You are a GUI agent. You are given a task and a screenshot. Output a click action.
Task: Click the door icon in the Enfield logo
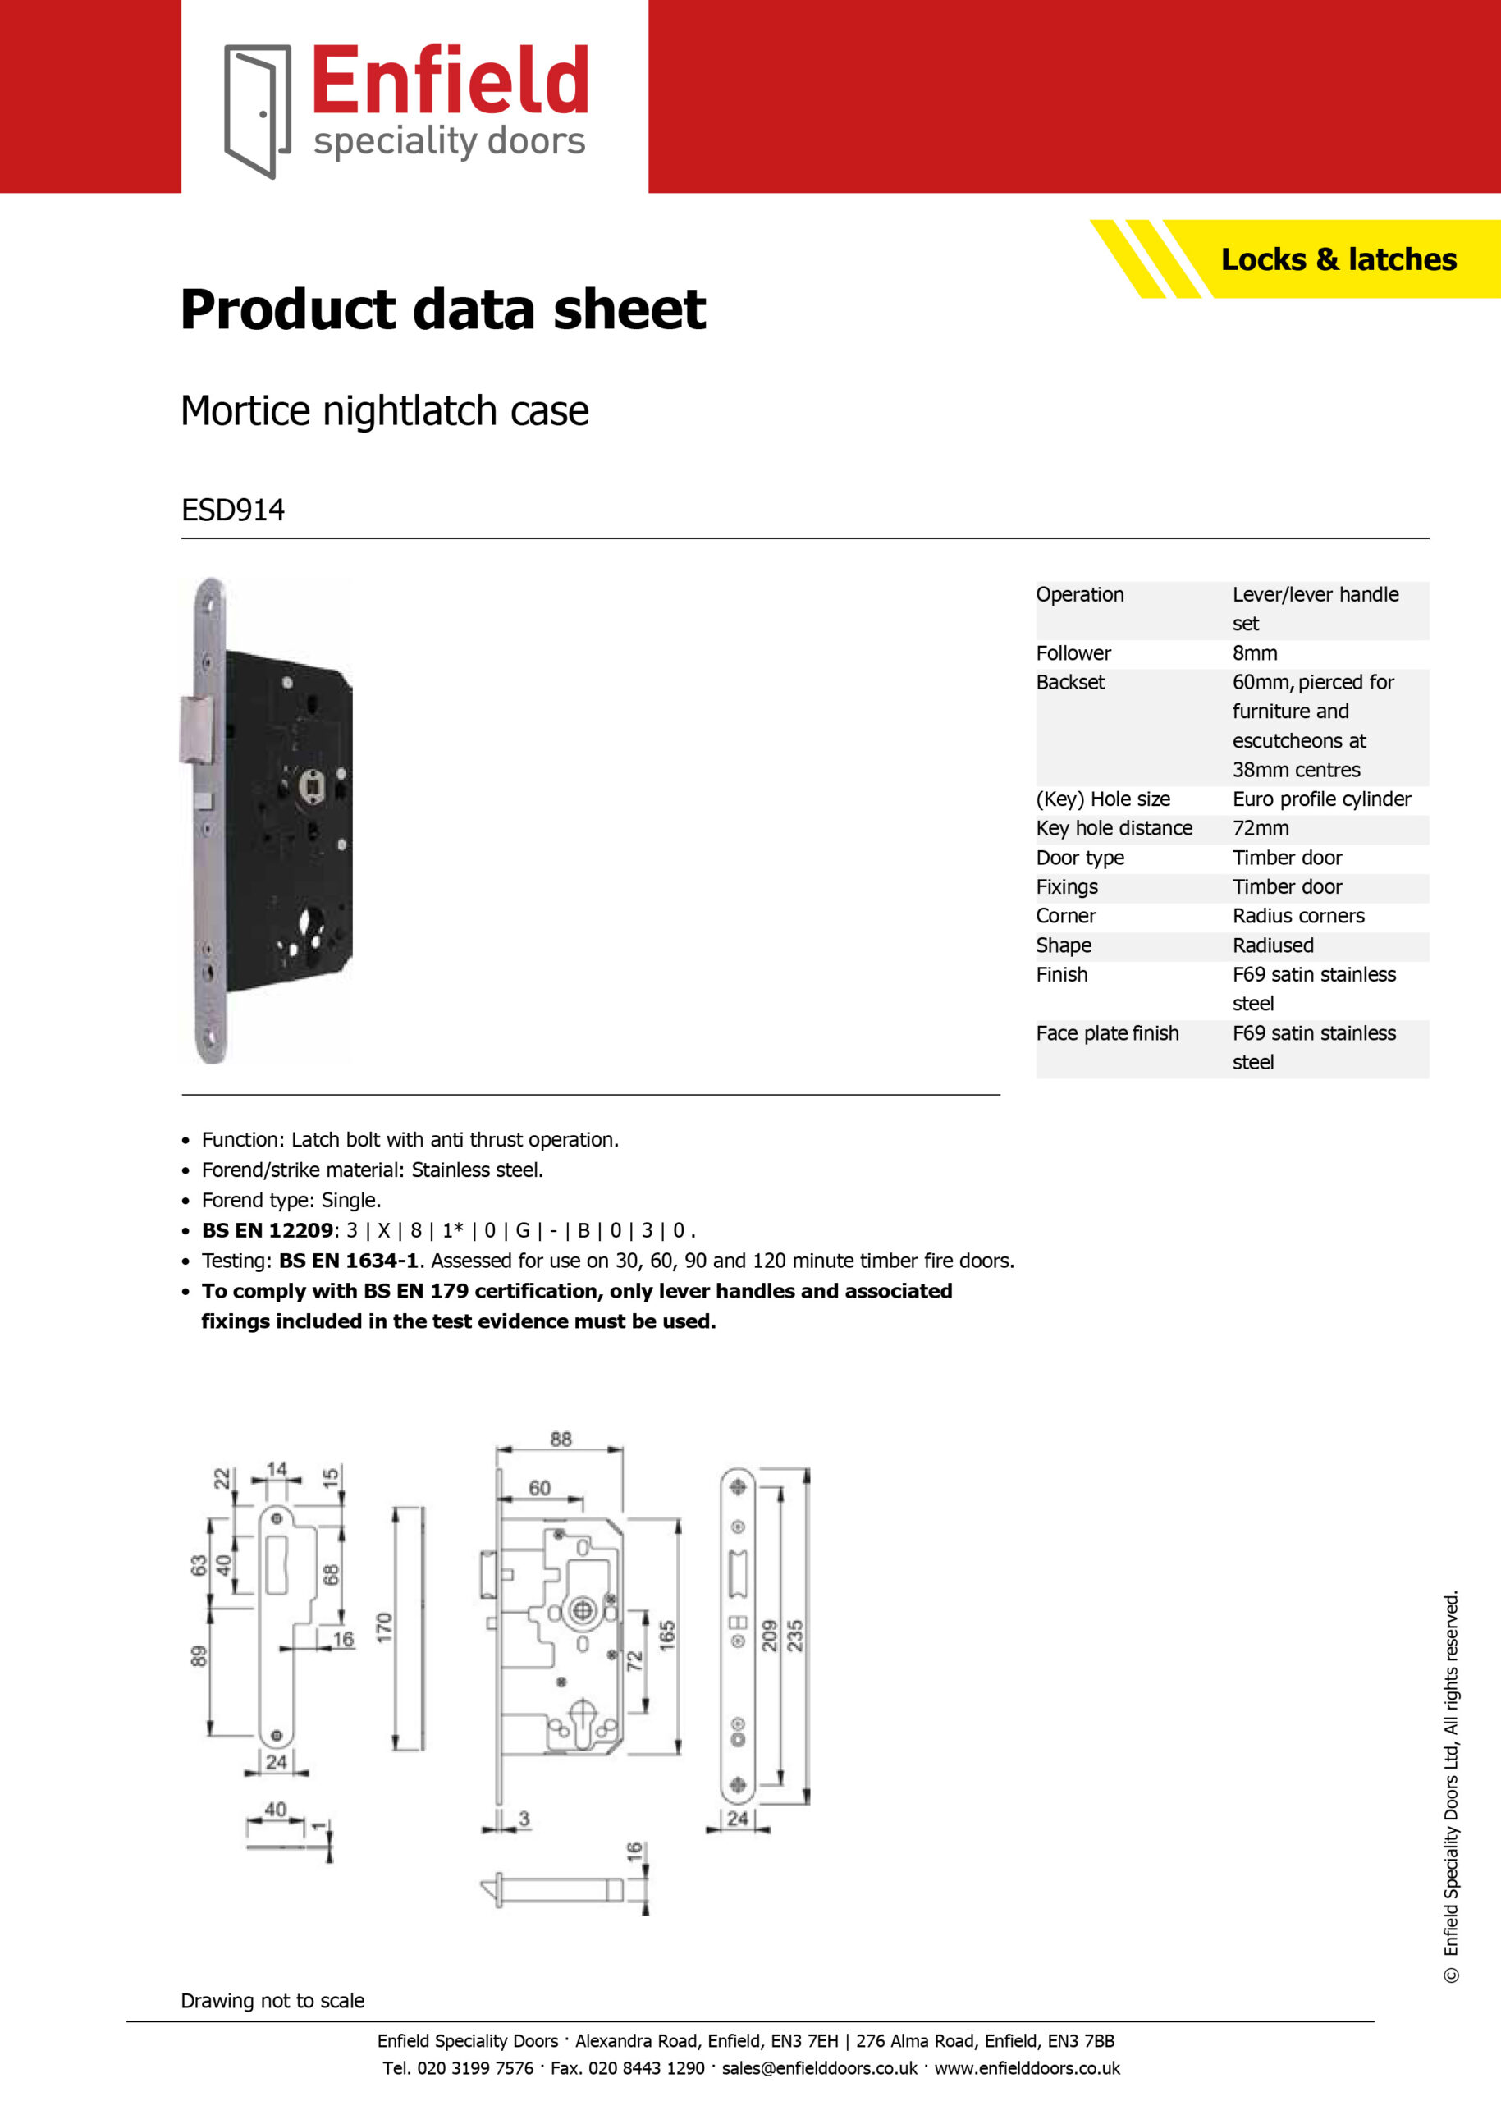coord(258,111)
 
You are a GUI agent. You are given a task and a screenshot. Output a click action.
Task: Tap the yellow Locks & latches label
coord(1339,259)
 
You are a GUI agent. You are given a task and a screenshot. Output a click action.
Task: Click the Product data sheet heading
coord(442,309)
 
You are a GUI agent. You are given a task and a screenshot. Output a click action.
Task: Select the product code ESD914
coord(233,510)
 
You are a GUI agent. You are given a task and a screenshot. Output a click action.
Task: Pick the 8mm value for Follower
coord(1254,652)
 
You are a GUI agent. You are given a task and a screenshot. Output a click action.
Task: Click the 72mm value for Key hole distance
coord(1261,828)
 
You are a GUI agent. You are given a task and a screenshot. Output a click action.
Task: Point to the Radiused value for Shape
coord(1273,945)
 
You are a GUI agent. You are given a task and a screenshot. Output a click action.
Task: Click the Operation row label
coord(1079,594)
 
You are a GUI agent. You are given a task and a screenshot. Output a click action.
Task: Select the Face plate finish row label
coord(1107,1032)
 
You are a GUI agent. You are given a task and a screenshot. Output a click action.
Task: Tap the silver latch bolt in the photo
coord(196,730)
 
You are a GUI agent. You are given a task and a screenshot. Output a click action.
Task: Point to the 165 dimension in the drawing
coord(667,1635)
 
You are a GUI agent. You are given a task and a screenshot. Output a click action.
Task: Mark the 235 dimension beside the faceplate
coord(795,1635)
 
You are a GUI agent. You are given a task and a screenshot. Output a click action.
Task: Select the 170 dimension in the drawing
coord(385,1627)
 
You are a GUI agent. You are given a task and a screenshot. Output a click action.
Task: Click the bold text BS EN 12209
coord(267,1230)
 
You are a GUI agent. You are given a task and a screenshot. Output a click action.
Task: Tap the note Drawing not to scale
coord(272,2000)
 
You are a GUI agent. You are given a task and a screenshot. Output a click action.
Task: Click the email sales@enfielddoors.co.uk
coord(820,2069)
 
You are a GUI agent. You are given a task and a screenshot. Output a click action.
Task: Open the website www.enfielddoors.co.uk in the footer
coord(1027,2069)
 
